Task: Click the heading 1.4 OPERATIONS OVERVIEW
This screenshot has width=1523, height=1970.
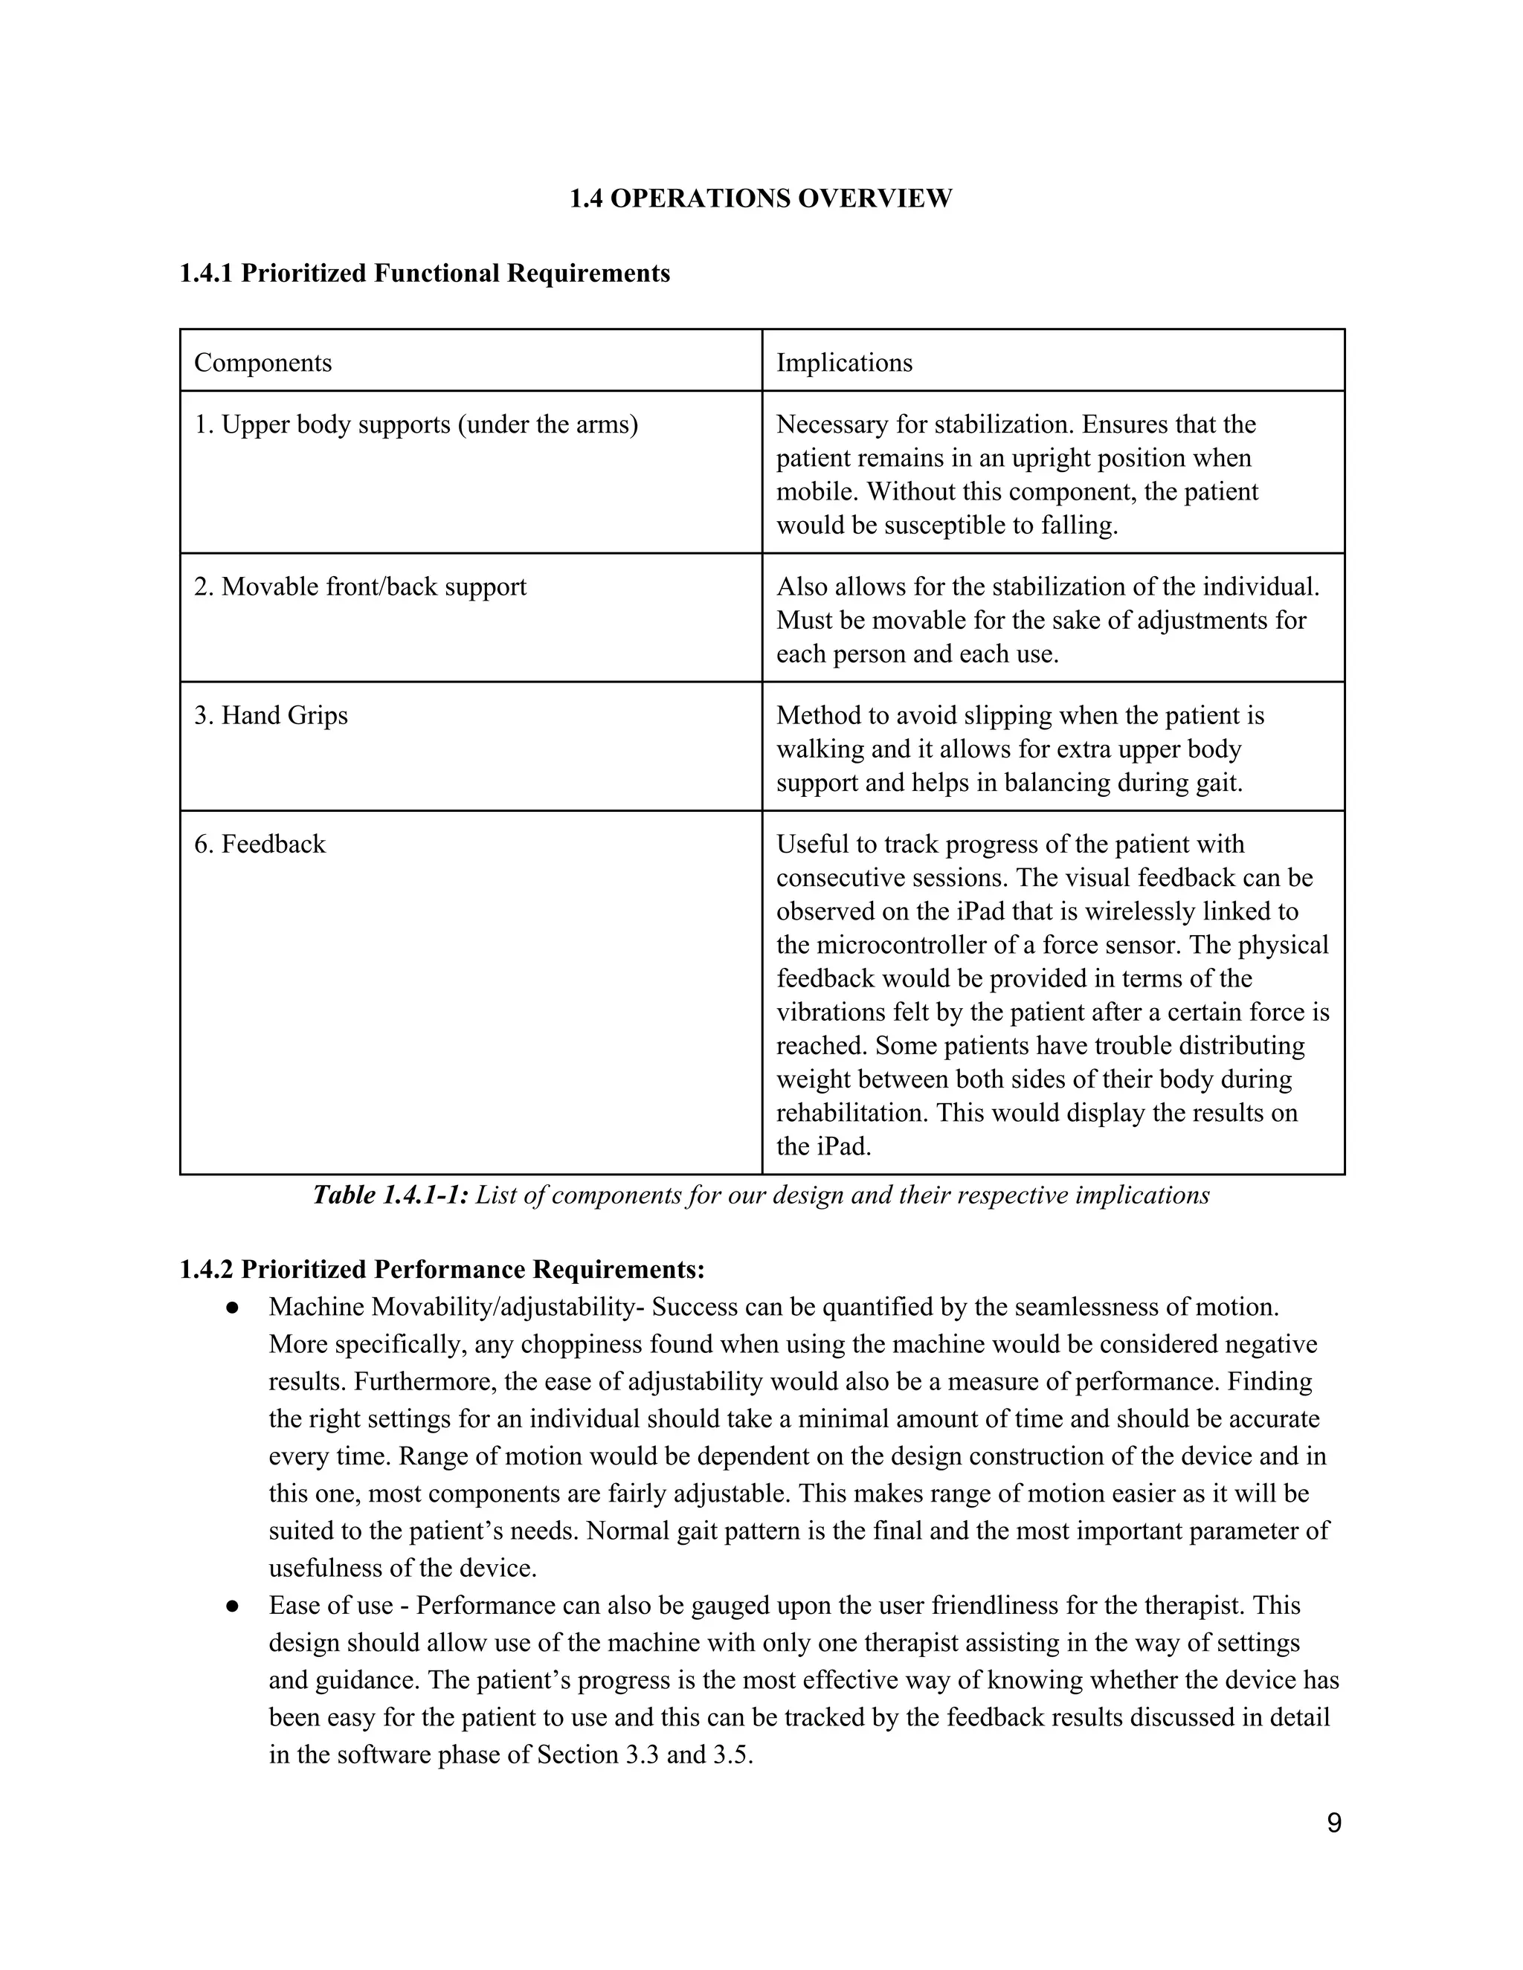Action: (760, 198)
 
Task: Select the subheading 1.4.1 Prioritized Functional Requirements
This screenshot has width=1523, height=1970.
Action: (424, 274)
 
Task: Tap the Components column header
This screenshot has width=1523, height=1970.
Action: (263, 363)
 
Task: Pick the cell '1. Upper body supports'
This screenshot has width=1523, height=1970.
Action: (416, 424)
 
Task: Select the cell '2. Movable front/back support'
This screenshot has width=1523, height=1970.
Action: (360, 587)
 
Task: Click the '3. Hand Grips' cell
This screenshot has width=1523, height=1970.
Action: (271, 715)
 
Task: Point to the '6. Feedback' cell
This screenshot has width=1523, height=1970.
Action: (260, 844)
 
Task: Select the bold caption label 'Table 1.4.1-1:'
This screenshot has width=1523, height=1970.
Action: (390, 1195)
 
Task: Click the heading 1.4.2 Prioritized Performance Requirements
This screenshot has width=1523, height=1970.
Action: (441, 1270)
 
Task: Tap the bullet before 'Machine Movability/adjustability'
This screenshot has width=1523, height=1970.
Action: (232, 1307)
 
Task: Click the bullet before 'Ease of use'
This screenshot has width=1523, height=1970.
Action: (232, 1606)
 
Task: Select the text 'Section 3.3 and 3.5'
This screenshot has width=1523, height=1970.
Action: (644, 1754)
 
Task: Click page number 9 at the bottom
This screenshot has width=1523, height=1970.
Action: (1333, 1823)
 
